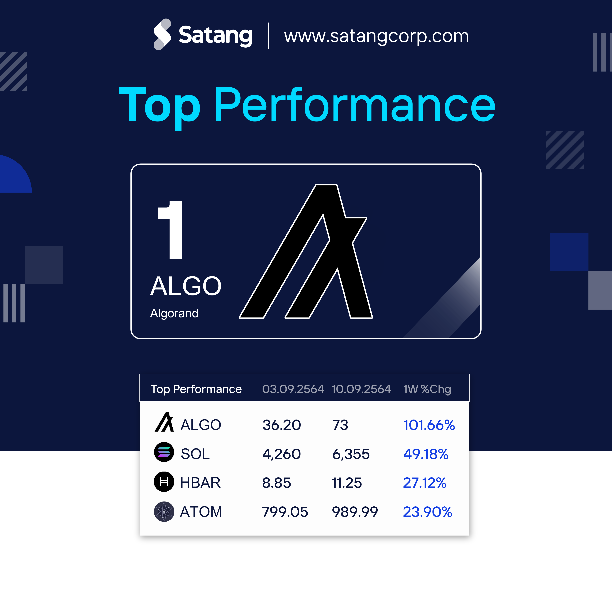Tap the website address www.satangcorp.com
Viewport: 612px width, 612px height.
(376, 36)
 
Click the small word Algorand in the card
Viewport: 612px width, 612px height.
(174, 313)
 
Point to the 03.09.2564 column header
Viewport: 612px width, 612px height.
(293, 389)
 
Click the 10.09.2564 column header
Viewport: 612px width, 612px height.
(361, 389)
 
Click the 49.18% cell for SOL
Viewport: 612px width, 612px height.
(426, 454)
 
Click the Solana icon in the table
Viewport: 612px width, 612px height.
(164, 452)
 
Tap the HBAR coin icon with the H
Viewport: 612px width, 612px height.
(164, 481)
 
